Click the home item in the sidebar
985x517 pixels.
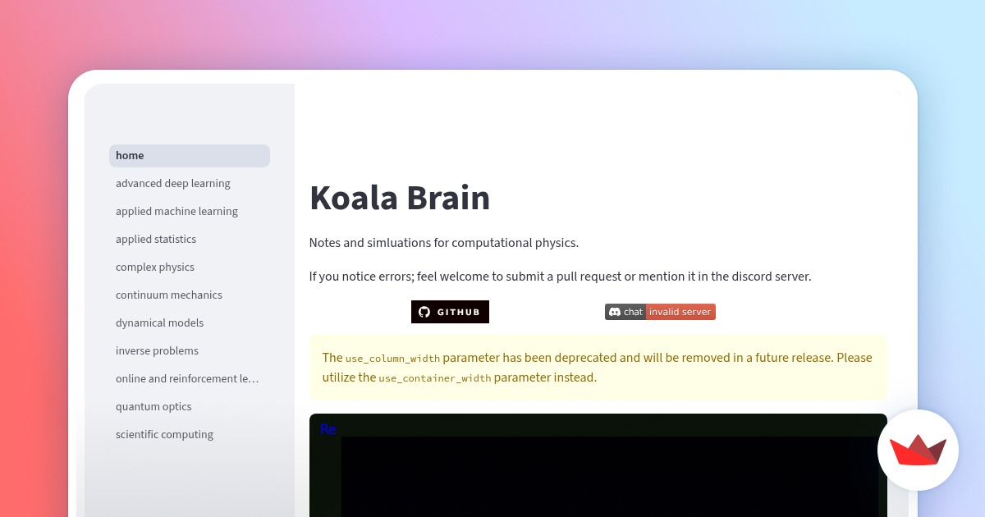point(130,156)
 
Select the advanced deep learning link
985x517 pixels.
point(172,184)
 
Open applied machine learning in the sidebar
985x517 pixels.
point(176,212)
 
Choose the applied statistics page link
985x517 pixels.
point(156,240)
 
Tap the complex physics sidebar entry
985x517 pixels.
point(155,268)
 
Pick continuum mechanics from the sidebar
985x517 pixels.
point(169,295)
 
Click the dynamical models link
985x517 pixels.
point(159,323)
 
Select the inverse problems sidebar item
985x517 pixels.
point(157,351)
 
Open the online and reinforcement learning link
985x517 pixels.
point(187,379)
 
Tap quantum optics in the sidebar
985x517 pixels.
point(153,407)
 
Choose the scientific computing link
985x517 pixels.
point(164,435)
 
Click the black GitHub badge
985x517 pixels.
point(450,312)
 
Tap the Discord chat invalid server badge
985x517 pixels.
point(660,312)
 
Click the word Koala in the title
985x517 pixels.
point(355,199)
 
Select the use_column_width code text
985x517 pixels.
point(392,359)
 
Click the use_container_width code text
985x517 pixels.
point(435,378)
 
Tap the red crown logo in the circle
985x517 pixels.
point(918,450)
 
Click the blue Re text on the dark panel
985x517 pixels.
point(328,429)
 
